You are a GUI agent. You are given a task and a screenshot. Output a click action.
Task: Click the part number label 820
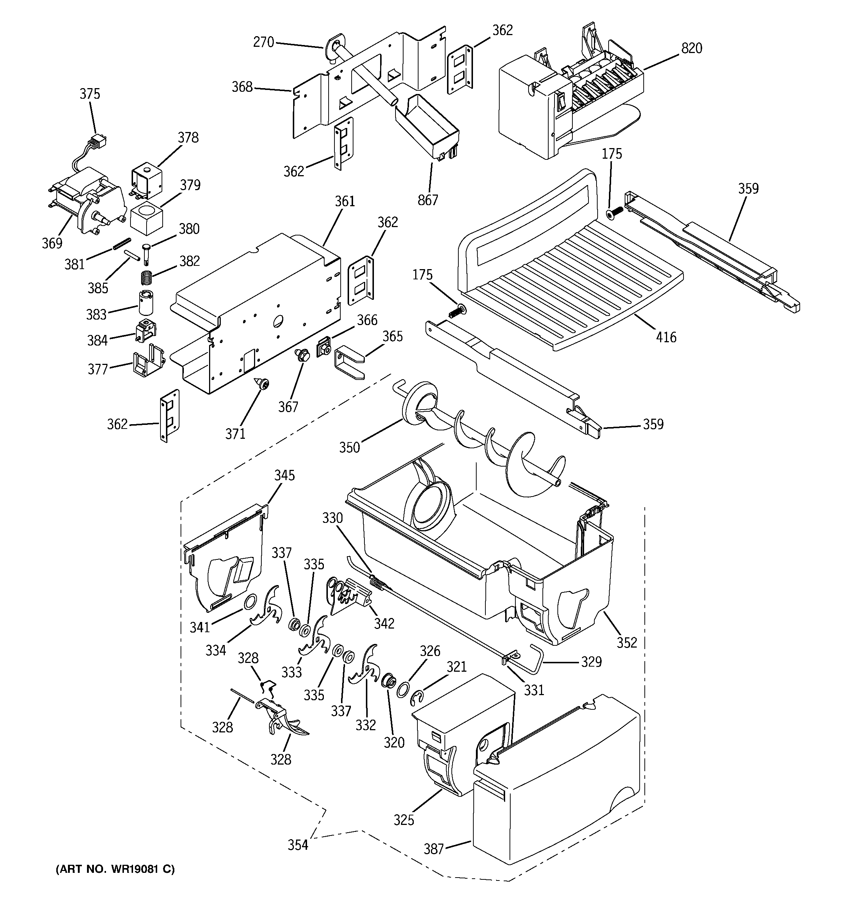coord(692,48)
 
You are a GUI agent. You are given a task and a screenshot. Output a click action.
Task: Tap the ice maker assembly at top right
coord(569,105)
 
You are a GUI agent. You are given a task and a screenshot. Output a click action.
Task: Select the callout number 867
coord(428,200)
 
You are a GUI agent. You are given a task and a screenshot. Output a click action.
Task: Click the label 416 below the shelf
coord(666,338)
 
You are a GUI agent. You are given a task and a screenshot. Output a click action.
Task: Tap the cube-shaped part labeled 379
coord(146,218)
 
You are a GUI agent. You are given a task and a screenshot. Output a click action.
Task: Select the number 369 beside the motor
coord(52,244)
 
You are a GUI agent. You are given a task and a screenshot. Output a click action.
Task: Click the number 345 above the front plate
coord(284,475)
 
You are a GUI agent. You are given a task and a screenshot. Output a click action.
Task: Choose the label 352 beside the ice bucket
coord(627,642)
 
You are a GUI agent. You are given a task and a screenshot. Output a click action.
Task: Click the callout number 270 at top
coord(264,42)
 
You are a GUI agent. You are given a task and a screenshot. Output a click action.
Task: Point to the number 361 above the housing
coord(345,201)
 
